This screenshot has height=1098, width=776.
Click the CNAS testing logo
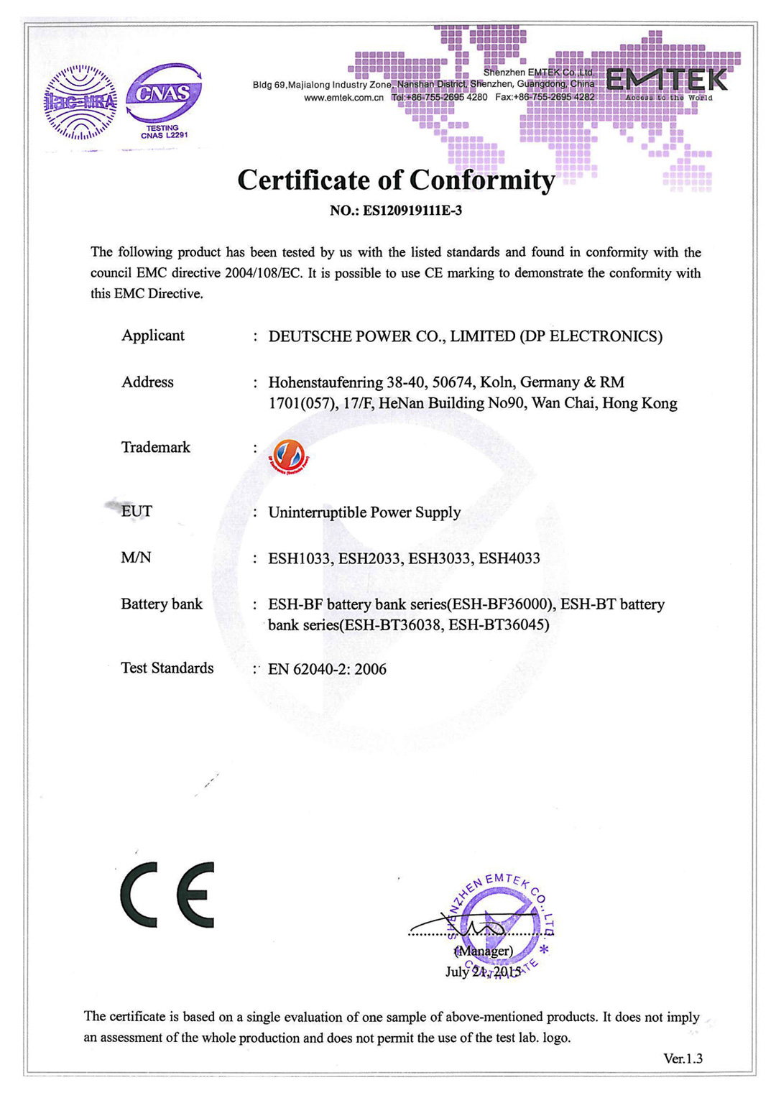click(164, 99)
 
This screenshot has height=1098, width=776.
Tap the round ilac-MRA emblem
click(80, 103)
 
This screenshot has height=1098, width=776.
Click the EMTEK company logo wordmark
click(667, 80)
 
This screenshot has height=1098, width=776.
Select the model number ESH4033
click(509, 558)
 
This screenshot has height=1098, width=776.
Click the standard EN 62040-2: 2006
click(327, 669)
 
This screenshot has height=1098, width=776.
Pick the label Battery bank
click(162, 604)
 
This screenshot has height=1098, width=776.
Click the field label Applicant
click(152, 336)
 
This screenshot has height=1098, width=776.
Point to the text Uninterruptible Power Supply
click(364, 512)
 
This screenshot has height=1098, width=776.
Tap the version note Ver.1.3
click(683, 1058)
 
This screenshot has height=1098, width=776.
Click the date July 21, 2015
click(483, 972)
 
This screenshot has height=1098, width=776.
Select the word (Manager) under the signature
click(484, 951)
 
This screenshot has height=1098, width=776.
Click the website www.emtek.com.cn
click(343, 97)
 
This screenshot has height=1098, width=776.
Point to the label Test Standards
click(167, 668)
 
